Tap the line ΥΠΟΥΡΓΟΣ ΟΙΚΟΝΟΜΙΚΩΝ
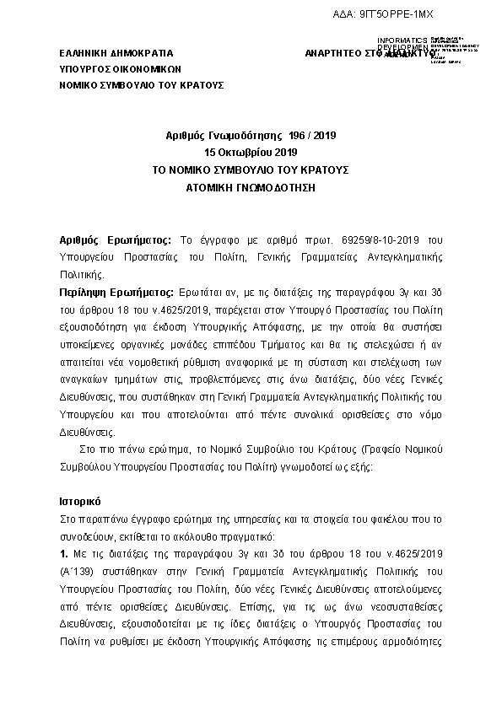click(115, 69)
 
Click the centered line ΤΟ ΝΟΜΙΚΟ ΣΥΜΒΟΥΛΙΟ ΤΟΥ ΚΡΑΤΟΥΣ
click(251, 169)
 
